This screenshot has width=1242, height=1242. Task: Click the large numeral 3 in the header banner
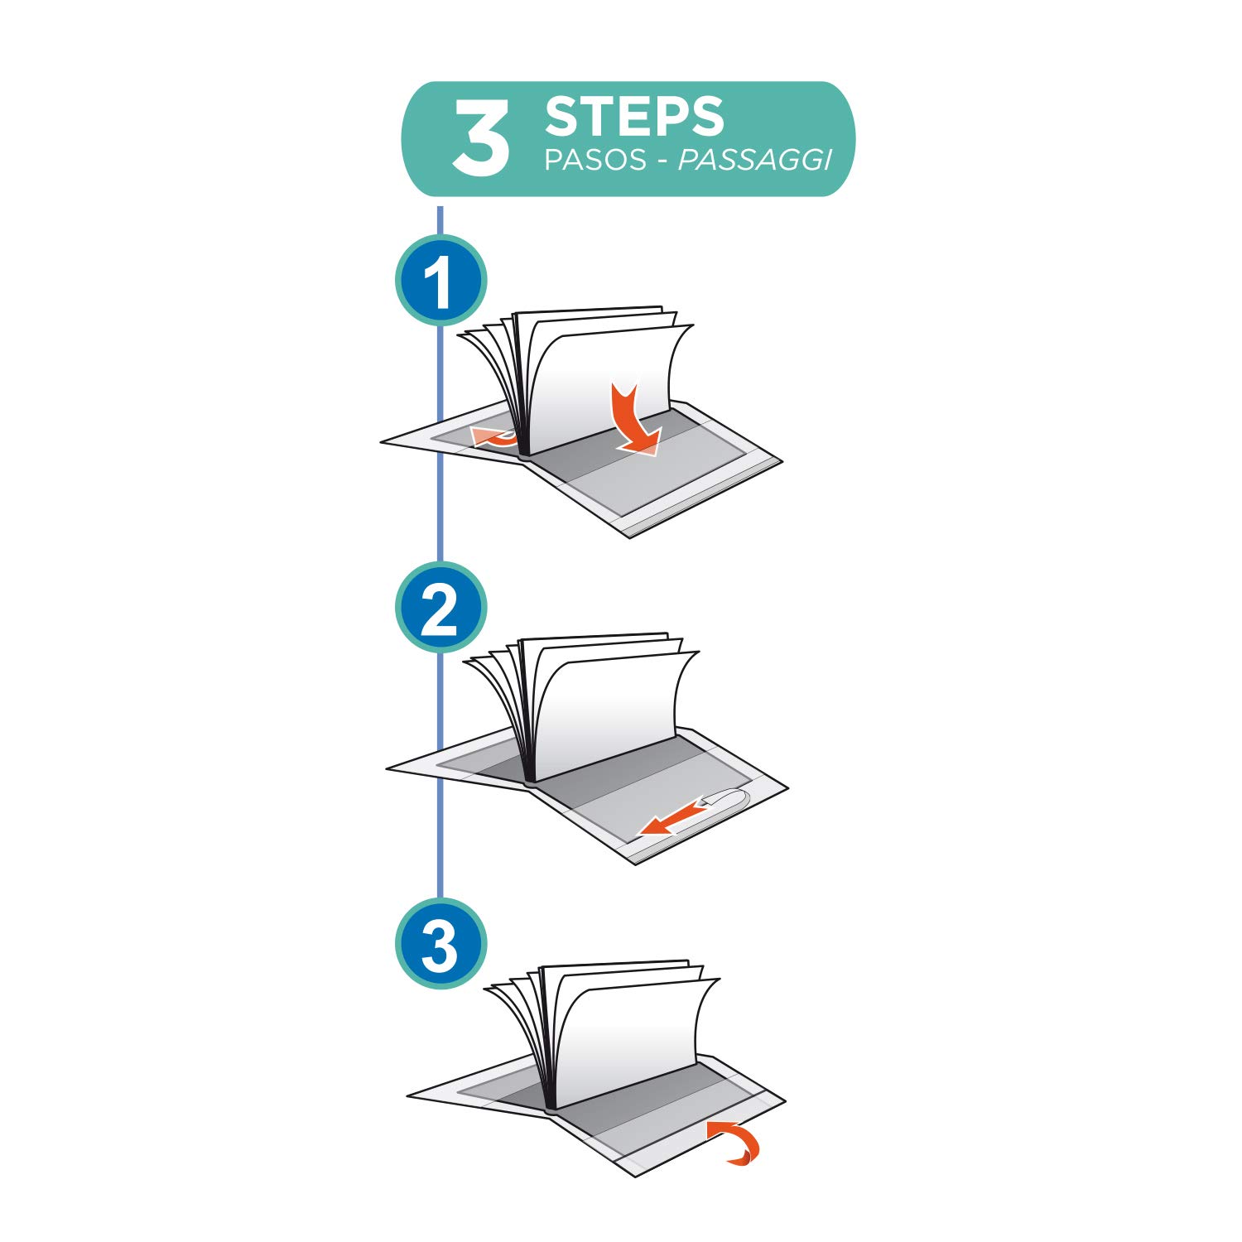pyautogui.click(x=480, y=138)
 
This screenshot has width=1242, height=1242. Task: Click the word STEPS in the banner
pyautogui.click(x=634, y=117)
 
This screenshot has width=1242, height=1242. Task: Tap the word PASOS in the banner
pyautogui.click(x=595, y=160)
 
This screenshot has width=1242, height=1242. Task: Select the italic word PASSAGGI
pyautogui.click(x=754, y=160)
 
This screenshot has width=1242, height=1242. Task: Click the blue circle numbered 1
pyautogui.click(x=440, y=280)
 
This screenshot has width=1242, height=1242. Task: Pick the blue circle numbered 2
pyautogui.click(x=440, y=607)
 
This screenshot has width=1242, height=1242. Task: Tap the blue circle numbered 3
pyautogui.click(x=440, y=943)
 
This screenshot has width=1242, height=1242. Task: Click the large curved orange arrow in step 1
pyautogui.click(x=636, y=421)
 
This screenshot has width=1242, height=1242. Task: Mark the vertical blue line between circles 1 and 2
pyautogui.click(x=440, y=443)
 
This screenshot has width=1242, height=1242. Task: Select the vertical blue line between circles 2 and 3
pyautogui.click(x=440, y=775)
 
